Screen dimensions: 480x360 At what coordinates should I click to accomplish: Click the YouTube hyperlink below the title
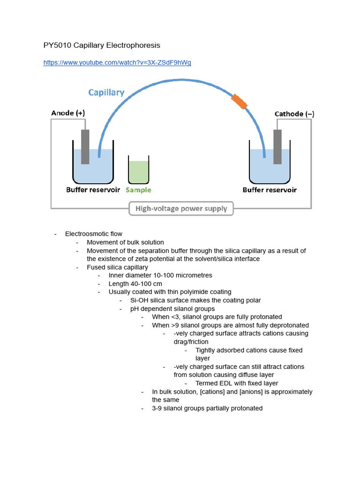pos(117,62)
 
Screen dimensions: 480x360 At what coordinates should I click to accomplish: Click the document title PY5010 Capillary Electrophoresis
pos(102,45)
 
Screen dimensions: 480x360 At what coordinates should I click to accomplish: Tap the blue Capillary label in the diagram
pos(106,92)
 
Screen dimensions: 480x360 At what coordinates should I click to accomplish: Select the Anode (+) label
pos(68,113)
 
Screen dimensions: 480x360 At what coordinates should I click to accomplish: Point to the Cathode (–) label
pos(294,114)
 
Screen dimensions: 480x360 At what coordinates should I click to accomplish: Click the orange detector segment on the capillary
pos(239,102)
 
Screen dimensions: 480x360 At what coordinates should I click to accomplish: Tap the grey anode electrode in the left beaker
pos(85,147)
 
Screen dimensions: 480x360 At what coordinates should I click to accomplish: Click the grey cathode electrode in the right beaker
pos(278,147)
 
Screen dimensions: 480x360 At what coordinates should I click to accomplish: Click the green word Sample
pos(138,190)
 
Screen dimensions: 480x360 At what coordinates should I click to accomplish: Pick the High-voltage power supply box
pos(181,209)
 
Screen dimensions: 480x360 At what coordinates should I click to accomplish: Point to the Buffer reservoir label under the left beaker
pos(93,190)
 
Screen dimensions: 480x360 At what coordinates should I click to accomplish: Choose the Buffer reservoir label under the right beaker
pos(270,190)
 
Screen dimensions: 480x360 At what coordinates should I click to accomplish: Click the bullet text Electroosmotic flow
pos(94,234)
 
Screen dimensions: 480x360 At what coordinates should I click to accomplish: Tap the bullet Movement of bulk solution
pos(125,242)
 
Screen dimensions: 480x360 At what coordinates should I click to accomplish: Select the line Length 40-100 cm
pos(135,284)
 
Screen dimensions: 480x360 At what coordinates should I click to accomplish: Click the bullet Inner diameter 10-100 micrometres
pos(160,276)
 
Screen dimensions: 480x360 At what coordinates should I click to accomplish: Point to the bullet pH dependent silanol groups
pos(172,308)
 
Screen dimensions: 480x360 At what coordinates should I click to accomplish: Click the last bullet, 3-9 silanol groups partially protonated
pos(207,408)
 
